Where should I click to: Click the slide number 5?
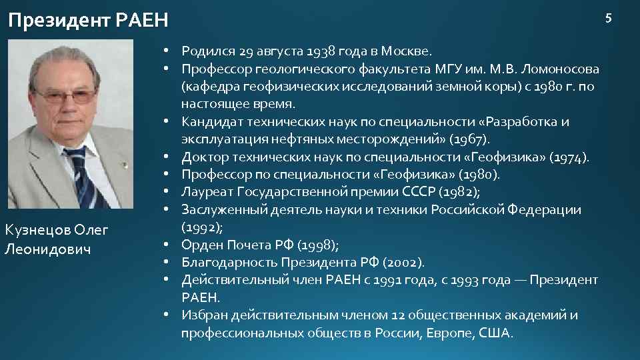(607, 18)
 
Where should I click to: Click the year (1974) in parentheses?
(569, 157)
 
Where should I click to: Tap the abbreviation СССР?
(421, 192)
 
